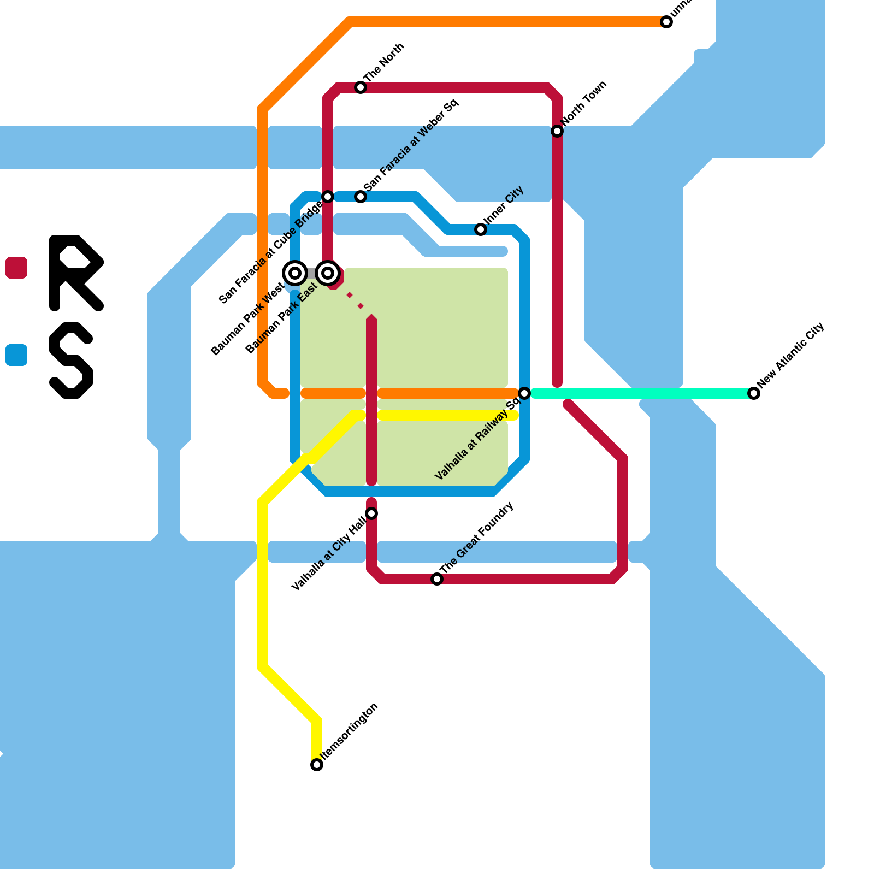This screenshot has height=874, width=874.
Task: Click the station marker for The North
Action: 361,87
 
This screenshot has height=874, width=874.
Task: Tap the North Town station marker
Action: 557,131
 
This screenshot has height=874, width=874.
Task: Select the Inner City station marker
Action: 481,229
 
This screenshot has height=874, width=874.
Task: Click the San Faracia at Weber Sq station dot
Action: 361,197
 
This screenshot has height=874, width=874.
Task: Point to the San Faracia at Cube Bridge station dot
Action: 328,197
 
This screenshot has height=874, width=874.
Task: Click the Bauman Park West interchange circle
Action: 295,273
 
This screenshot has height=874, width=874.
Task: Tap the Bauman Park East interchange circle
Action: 328,273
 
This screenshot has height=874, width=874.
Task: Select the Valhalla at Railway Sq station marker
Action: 524,393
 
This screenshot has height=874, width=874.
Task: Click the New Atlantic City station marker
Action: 754,393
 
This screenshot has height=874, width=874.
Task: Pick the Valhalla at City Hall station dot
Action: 371,513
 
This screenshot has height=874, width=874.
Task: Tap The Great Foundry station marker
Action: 437,579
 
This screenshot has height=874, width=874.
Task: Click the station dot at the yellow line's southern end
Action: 317,765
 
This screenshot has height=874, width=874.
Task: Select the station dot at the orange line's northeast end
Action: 666,22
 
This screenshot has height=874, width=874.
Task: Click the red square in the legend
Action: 16,268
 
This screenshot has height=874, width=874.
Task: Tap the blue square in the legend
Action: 16,355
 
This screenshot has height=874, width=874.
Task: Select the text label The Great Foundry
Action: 476,538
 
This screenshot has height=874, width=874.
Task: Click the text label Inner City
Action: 504,205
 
